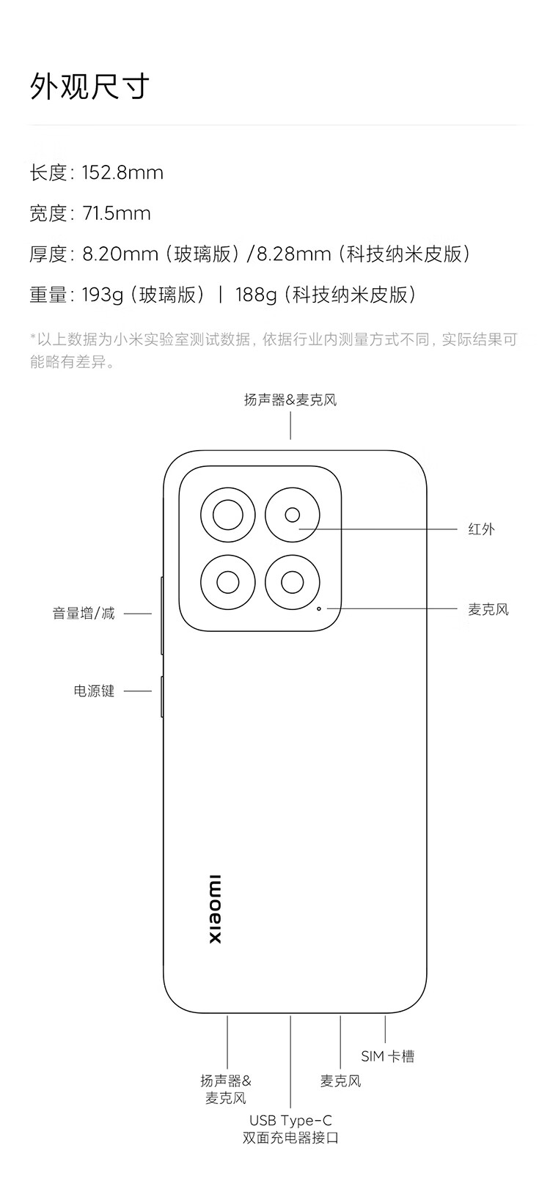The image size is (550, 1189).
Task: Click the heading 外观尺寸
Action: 89,86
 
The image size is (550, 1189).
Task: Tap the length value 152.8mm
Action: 122,173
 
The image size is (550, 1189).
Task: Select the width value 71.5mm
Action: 117,213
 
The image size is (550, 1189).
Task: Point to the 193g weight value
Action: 103,295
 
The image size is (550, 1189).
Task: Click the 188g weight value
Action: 256,295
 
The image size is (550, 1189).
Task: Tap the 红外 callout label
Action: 482,529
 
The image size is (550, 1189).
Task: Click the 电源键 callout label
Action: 94,691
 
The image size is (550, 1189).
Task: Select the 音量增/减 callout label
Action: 84,613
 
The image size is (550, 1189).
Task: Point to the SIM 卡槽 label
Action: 387,1056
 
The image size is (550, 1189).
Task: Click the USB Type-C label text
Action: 290,1121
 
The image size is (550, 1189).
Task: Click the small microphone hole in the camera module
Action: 319,608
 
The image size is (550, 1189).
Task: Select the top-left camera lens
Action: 228,515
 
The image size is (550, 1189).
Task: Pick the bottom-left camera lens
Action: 228,582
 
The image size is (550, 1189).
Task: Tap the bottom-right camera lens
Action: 292,582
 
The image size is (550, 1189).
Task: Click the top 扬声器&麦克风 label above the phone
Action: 290,400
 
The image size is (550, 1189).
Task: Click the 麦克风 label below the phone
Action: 340,1081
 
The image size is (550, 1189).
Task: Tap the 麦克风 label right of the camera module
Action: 488,609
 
